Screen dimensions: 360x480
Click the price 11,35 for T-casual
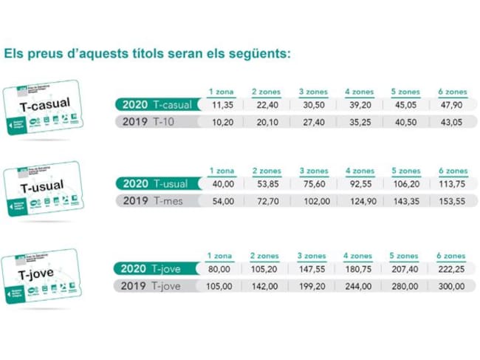(222, 105)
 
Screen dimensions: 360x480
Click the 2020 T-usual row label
(156, 184)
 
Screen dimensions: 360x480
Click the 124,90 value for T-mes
(359, 201)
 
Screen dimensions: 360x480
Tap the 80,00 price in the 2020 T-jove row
(221, 269)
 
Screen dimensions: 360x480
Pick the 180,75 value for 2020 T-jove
(359, 269)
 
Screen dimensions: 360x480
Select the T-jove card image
(42, 276)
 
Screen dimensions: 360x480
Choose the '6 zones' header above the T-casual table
(452, 92)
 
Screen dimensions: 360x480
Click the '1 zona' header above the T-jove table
(221, 256)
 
